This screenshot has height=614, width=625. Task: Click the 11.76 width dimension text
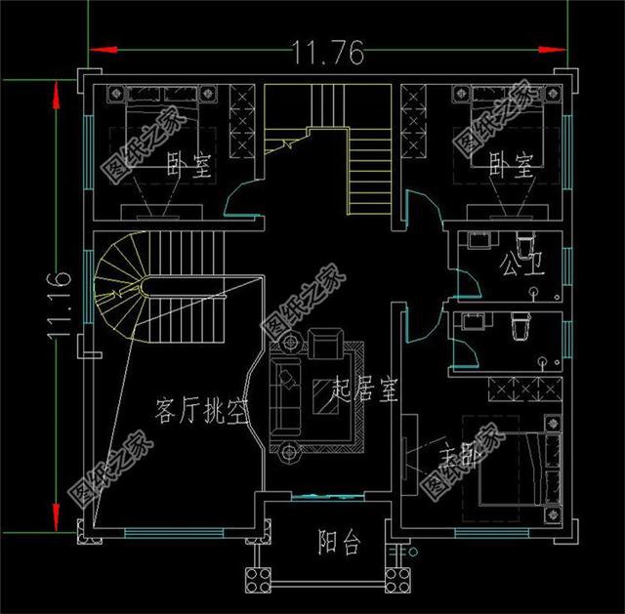pyautogui.click(x=327, y=52)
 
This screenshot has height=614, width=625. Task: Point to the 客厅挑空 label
pyautogui.click(x=200, y=414)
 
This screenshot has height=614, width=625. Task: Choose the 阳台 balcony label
pyautogui.click(x=338, y=543)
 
